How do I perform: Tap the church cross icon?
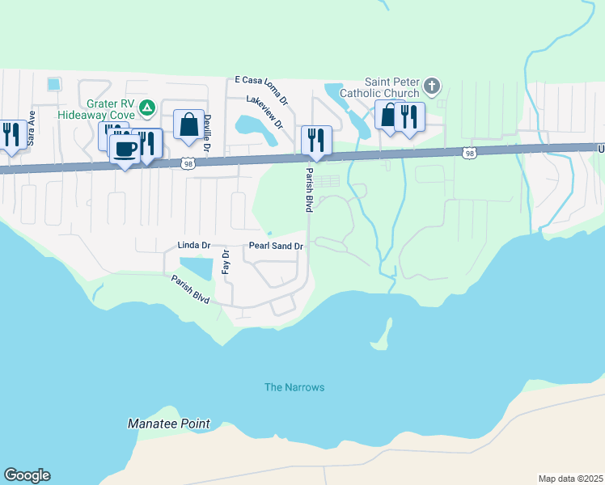(432, 85)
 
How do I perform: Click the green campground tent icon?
(147, 106)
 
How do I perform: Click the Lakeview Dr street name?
(265, 112)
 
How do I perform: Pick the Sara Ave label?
(32, 128)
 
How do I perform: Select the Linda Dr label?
(193, 245)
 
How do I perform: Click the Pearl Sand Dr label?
(276, 246)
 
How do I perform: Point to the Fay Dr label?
(226, 264)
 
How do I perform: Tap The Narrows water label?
(294, 387)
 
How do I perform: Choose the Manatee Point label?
(169, 424)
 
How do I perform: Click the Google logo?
(27, 475)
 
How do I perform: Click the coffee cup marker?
(125, 150)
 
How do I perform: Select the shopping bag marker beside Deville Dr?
(188, 124)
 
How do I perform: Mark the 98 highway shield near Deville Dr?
(187, 162)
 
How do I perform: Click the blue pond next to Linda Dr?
(196, 268)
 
